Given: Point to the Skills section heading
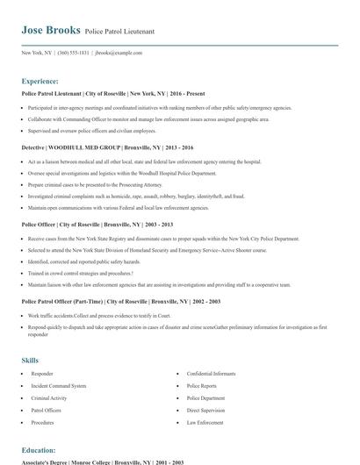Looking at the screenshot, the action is (x=30, y=361).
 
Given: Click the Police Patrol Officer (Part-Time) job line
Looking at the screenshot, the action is (x=121, y=301).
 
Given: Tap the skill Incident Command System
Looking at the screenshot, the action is (x=59, y=385).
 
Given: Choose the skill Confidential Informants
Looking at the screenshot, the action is (x=212, y=374).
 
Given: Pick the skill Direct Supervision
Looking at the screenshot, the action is (x=205, y=409).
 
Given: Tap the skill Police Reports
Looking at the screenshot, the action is (x=200, y=385).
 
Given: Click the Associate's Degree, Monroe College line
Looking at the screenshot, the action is (x=102, y=461).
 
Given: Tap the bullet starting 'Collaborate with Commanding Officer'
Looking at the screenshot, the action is (x=148, y=118).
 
